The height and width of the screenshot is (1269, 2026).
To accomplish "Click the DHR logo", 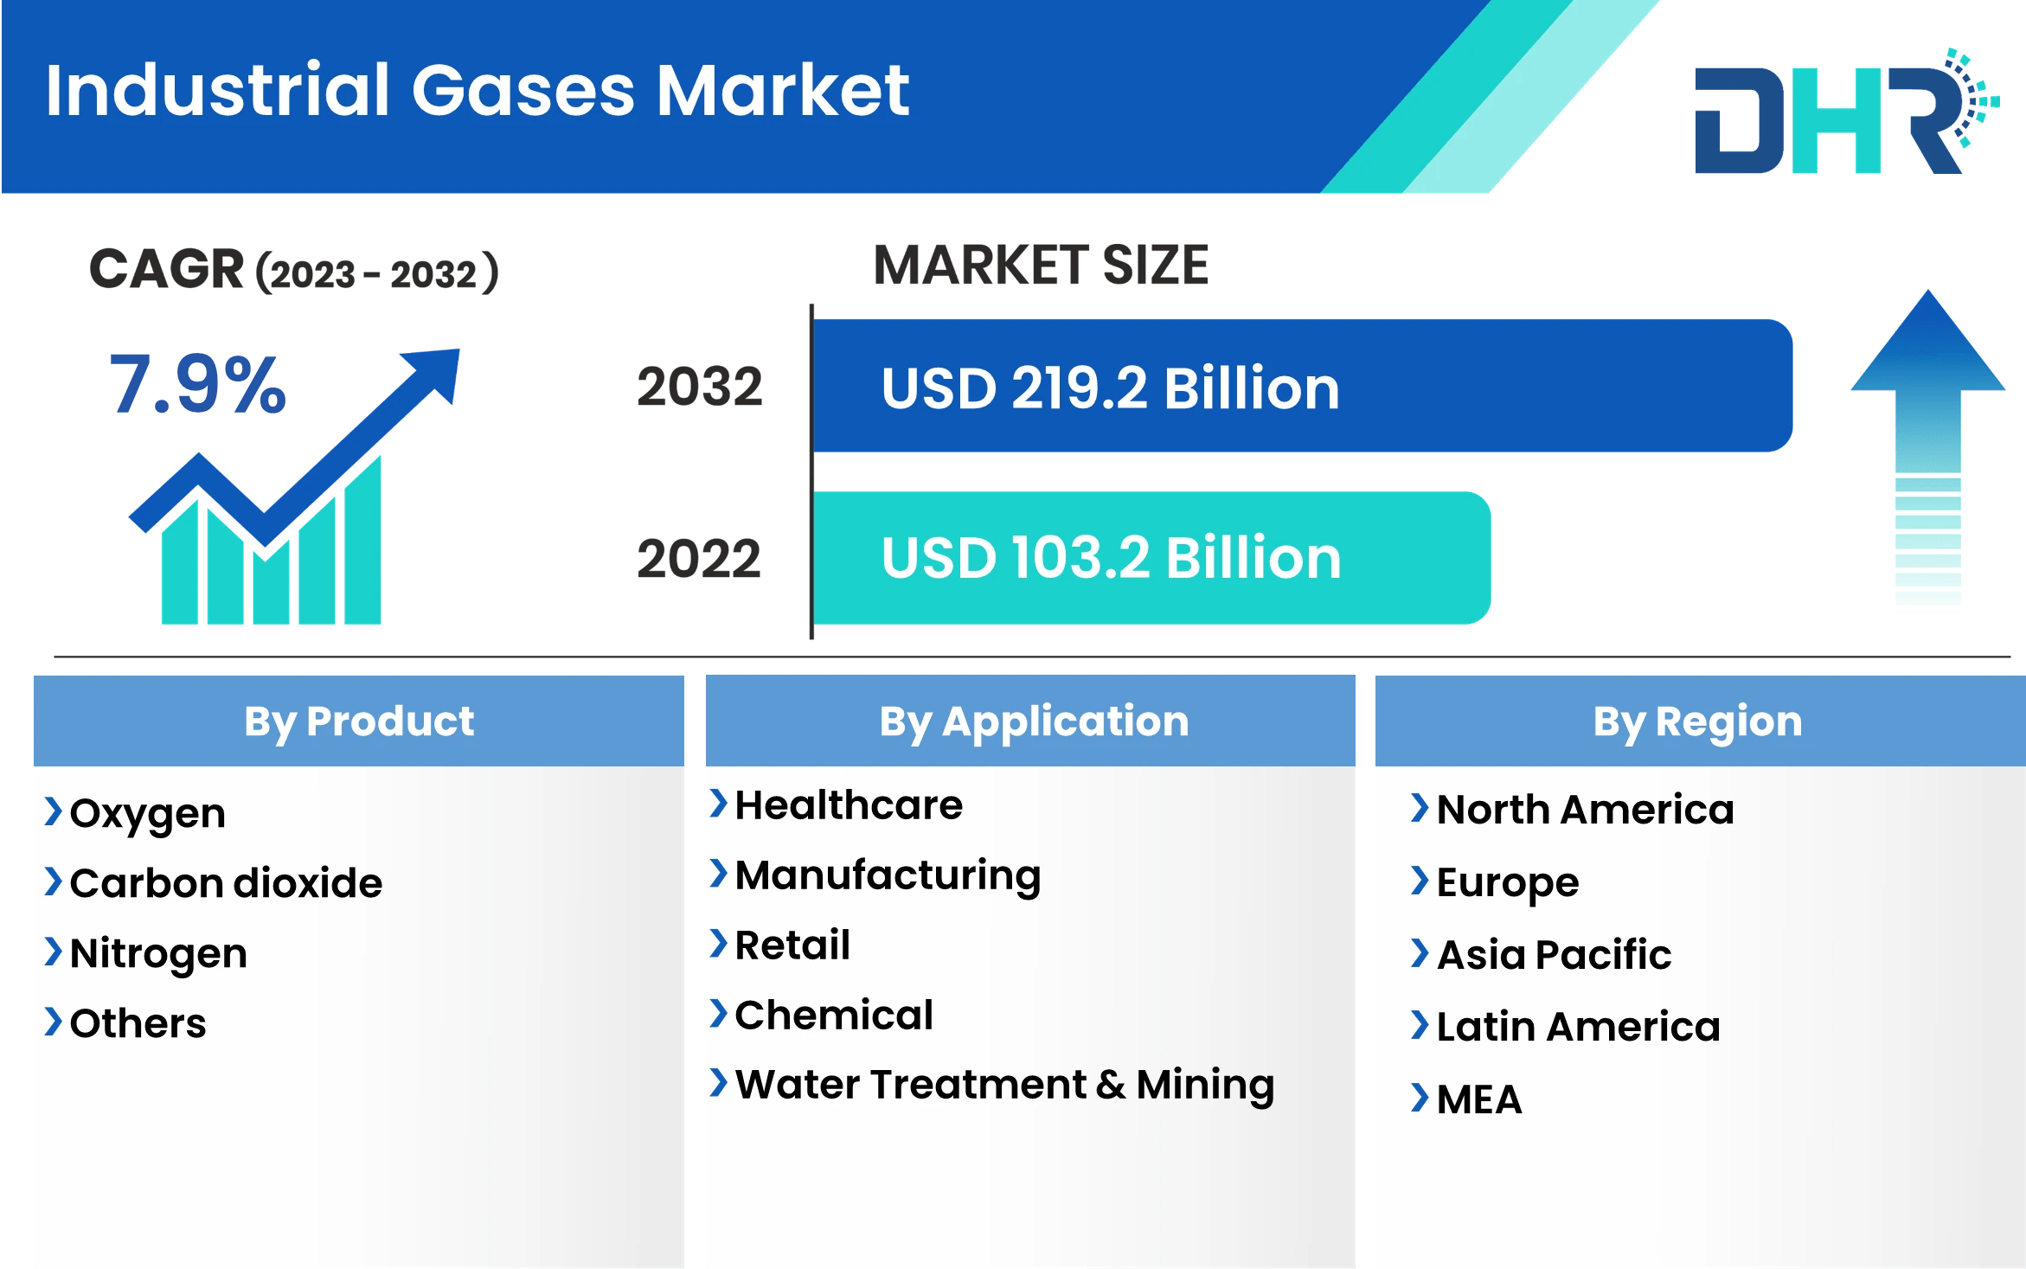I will click(x=1843, y=117).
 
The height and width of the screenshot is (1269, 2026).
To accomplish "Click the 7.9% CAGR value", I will click(x=197, y=384).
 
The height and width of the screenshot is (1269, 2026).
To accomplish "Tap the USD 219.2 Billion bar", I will click(x=1302, y=386).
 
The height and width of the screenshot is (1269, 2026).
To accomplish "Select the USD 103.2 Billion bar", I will click(x=1151, y=558).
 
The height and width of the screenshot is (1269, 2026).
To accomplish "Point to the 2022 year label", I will click(x=699, y=558).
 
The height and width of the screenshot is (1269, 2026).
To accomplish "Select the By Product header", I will click(x=359, y=721).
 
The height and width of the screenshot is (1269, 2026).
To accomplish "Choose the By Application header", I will click(x=1034, y=721).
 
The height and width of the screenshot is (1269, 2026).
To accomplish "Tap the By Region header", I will click(x=1697, y=721).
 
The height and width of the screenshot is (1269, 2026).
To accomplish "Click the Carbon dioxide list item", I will click(x=226, y=883).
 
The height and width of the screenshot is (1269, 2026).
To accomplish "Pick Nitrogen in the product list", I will click(x=158, y=953).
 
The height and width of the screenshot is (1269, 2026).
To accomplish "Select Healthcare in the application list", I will click(x=848, y=805).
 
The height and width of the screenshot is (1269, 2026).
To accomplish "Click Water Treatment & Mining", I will click(x=1003, y=1085).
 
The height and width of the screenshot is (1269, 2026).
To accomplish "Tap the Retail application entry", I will click(x=792, y=945).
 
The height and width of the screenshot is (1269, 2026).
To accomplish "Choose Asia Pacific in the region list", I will click(x=1554, y=955).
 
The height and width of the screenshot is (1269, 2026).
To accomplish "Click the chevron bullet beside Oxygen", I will click(x=53, y=811).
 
